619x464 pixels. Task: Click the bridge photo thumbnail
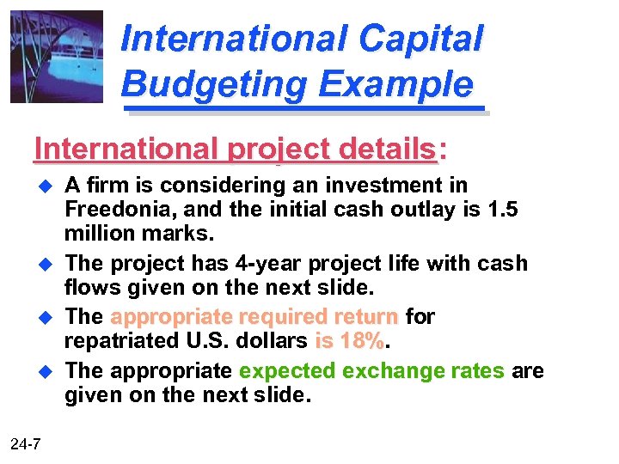coord(56,56)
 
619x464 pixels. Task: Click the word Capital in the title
coord(420,38)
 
